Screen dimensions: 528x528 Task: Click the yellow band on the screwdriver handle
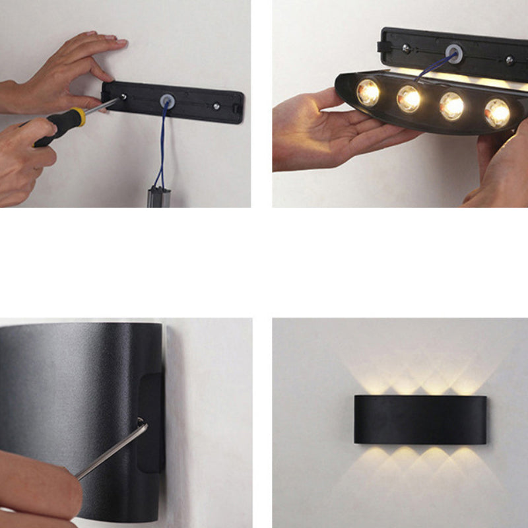[x=79, y=117]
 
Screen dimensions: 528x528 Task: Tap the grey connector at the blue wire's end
[x=158, y=197]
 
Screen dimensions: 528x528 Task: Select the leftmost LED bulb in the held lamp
[x=368, y=92]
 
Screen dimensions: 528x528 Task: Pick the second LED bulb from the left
[x=409, y=99]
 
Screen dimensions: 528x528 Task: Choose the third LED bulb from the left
[x=452, y=106]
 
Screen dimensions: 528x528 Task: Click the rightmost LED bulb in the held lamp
[x=497, y=112]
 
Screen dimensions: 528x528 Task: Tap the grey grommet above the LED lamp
[x=453, y=51]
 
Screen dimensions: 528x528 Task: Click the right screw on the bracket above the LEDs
[x=509, y=59]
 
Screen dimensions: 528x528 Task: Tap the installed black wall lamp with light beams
[x=420, y=420]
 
